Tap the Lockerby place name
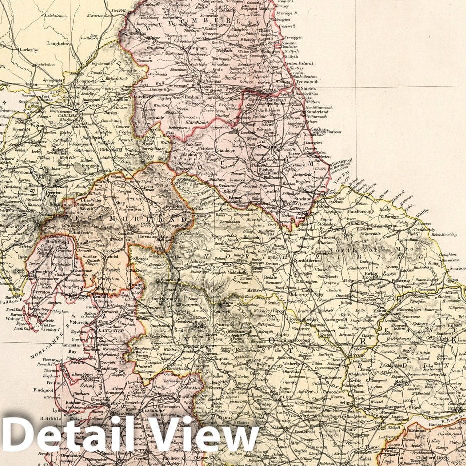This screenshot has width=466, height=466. click(x=28, y=51)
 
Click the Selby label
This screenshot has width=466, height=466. click(x=345, y=402)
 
